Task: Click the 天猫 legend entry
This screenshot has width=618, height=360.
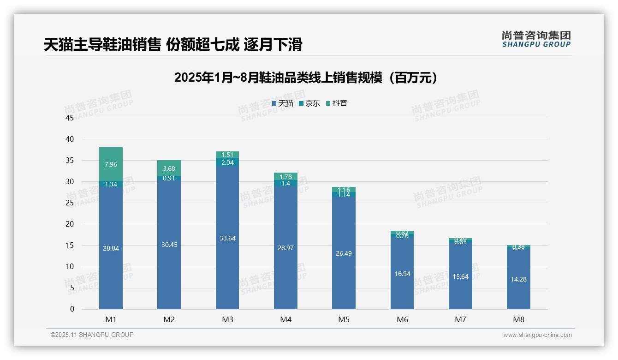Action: click(283, 103)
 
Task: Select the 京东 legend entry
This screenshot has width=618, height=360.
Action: click(309, 103)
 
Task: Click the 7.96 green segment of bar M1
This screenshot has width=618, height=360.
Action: click(111, 164)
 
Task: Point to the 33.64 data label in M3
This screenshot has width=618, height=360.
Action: click(227, 238)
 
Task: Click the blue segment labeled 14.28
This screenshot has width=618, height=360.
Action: click(518, 279)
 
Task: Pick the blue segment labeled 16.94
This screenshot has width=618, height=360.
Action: click(402, 273)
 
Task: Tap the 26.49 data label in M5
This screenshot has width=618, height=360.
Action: click(344, 253)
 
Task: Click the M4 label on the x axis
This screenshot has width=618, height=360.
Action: click(285, 319)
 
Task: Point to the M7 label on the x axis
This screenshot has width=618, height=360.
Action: click(460, 319)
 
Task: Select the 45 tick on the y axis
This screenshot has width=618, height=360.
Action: click(70, 118)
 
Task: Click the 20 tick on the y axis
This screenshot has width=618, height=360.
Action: click(70, 224)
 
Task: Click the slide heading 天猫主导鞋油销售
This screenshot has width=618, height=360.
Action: click(173, 45)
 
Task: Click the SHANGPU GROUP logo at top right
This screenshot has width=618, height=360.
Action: click(536, 39)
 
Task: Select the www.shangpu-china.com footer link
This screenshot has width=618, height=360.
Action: click(537, 335)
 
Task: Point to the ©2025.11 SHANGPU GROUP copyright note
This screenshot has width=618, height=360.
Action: click(92, 335)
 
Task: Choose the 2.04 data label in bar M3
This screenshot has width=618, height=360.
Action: click(227, 162)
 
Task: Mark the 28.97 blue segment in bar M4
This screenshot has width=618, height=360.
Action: click(285, 248)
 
